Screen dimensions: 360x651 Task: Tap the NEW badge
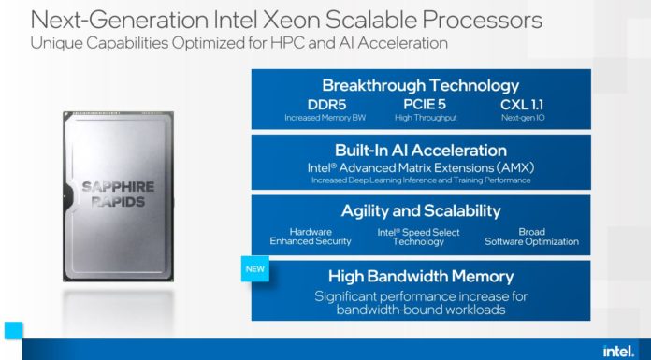257,268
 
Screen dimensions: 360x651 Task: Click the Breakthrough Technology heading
420,84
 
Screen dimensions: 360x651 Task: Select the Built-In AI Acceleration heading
420,150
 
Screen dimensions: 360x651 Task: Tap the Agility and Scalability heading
420,210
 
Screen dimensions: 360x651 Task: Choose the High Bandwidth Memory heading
420,276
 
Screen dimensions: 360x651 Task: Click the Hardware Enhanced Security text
311,236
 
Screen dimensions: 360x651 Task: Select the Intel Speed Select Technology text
420,236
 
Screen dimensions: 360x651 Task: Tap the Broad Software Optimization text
530,236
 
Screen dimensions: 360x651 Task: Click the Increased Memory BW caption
326,118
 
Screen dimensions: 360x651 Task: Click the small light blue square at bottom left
12,330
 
